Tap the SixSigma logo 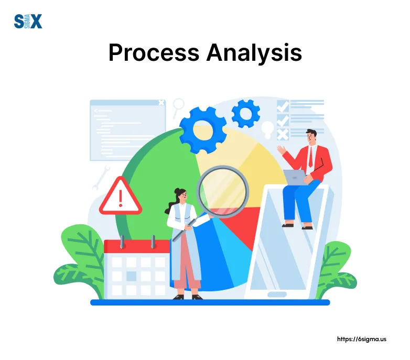point(27,21)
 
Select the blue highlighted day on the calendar point(132,276)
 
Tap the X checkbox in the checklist point(283,135)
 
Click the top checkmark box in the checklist point(283,105)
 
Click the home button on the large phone point(277,295)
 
